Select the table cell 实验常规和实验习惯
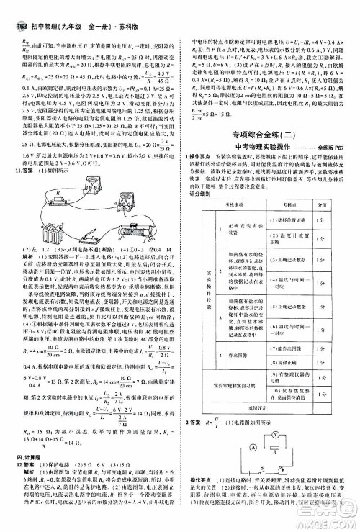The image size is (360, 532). click(235, 385)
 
